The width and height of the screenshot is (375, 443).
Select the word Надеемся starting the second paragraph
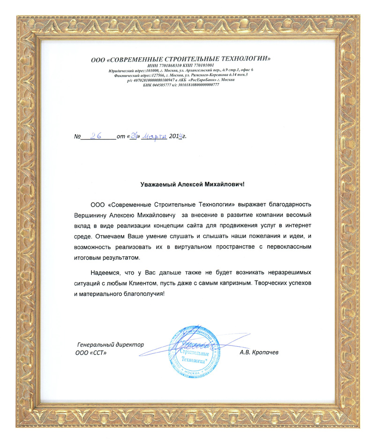(105, 272)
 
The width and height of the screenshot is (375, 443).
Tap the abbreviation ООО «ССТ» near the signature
(89, 352)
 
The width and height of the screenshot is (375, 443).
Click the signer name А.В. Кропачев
(259, 352)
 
